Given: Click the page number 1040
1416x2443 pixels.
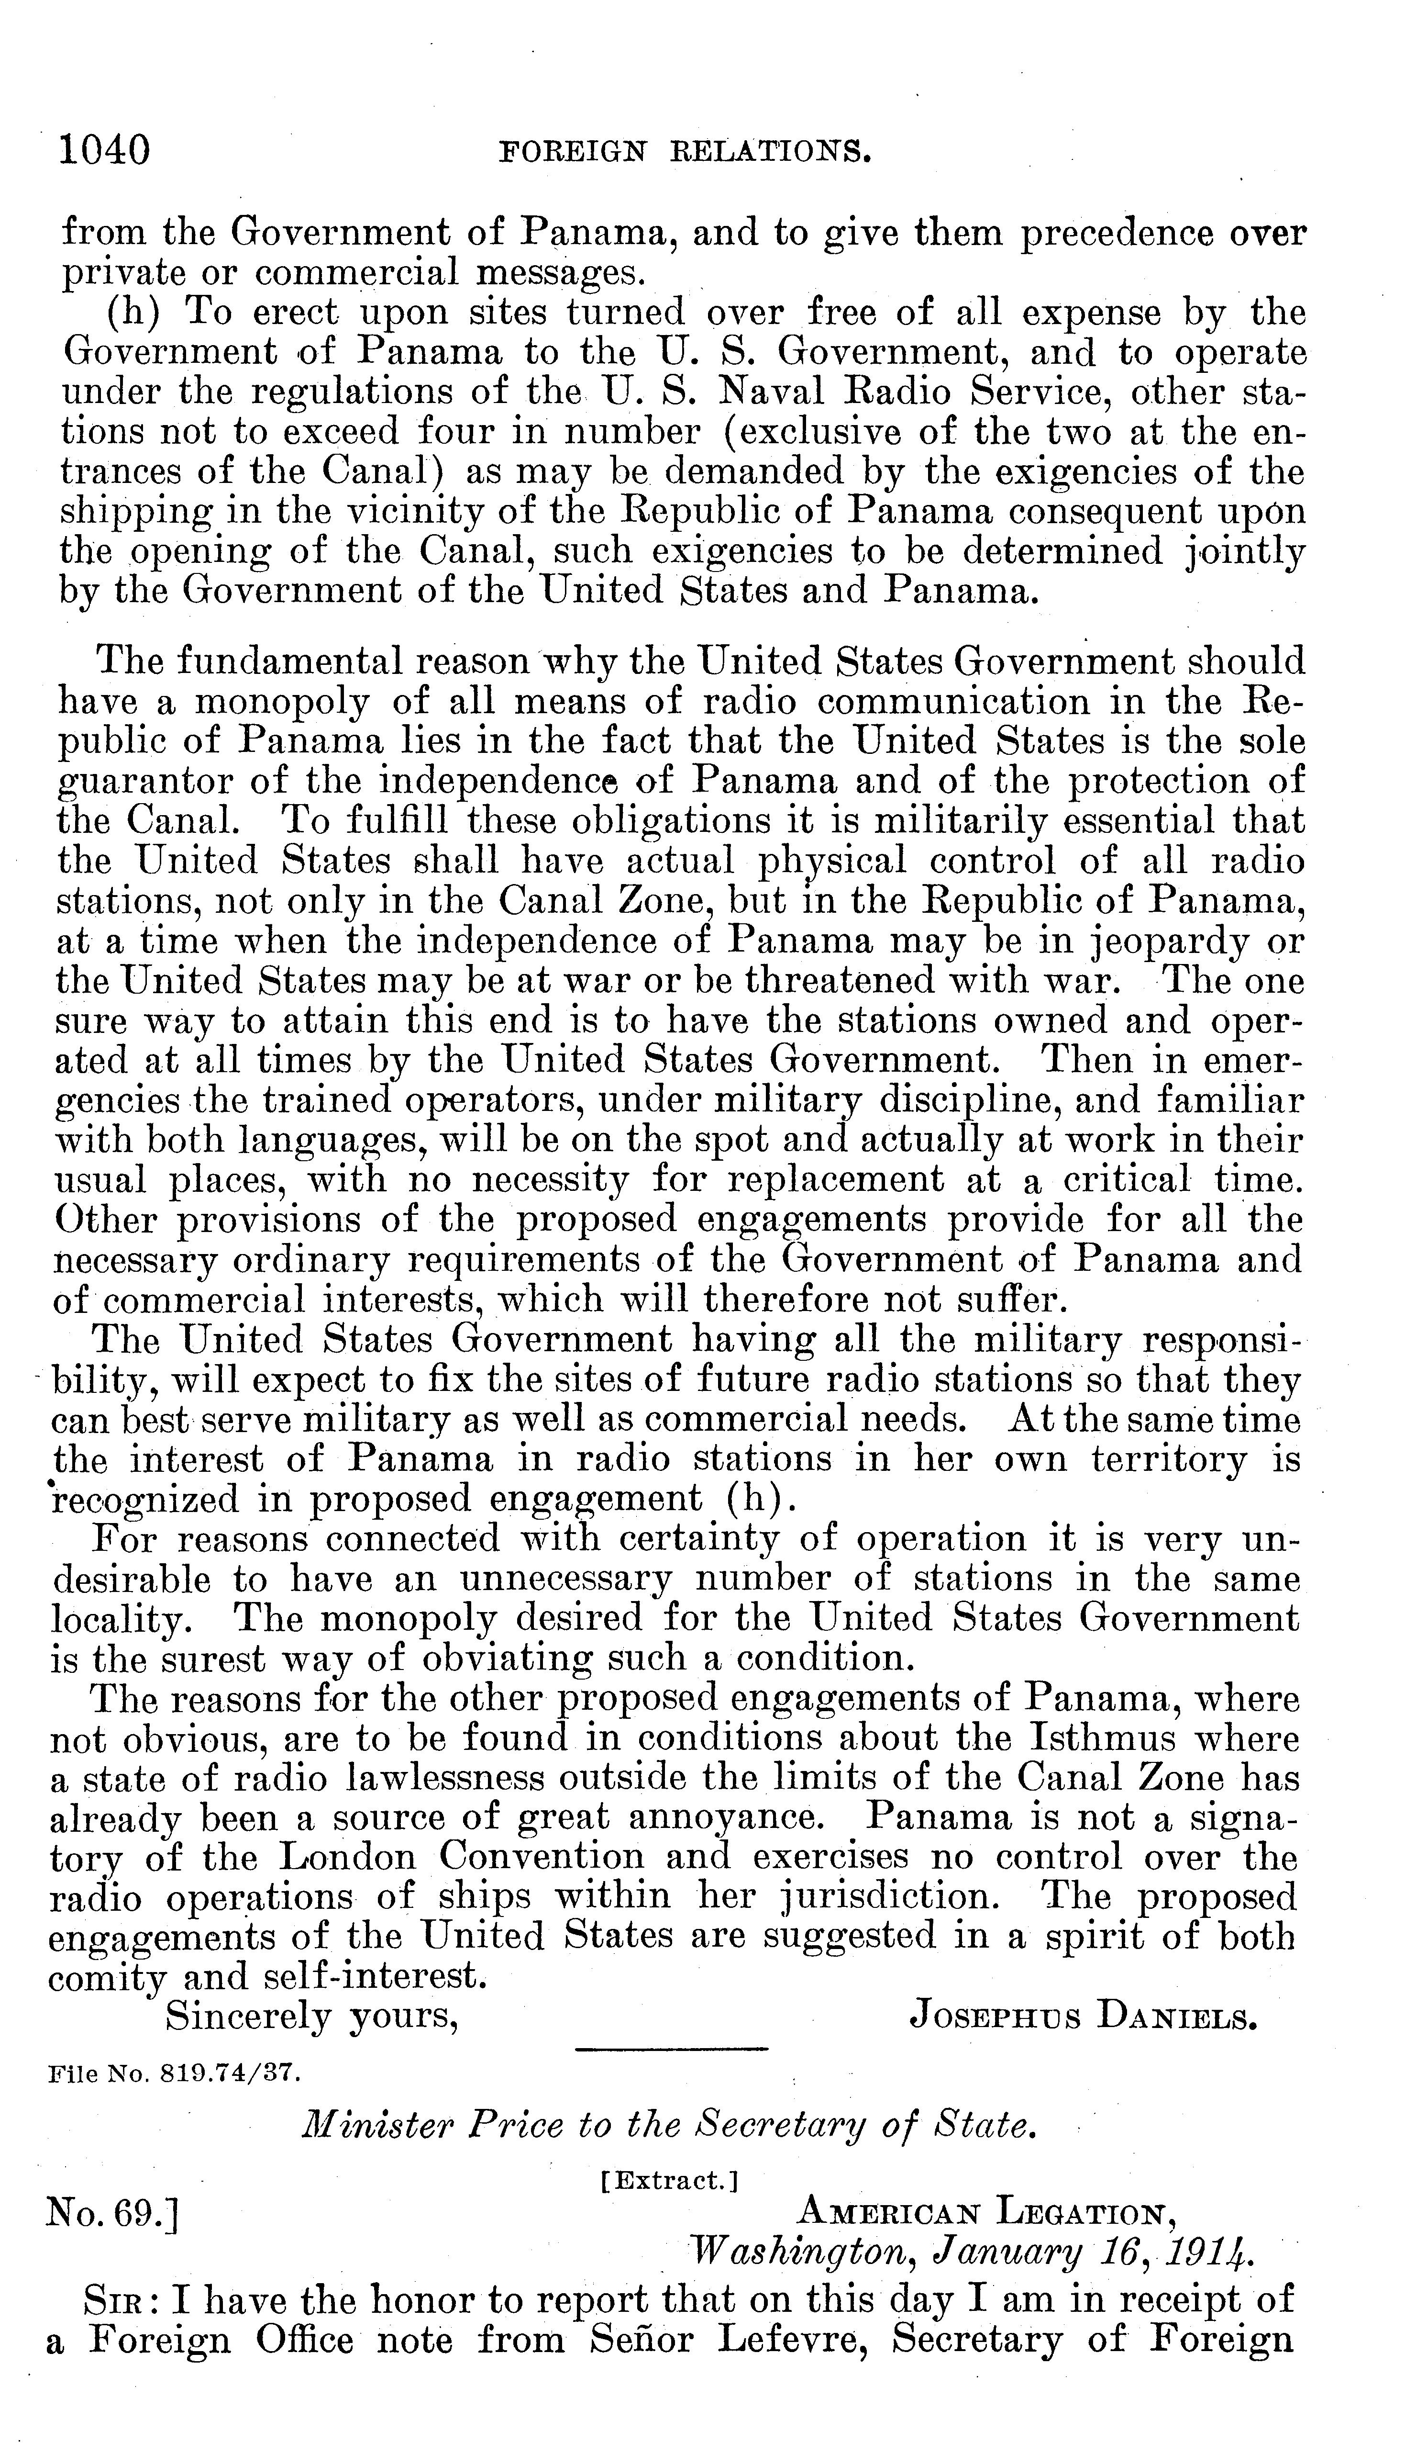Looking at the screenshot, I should click(105, 151).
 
